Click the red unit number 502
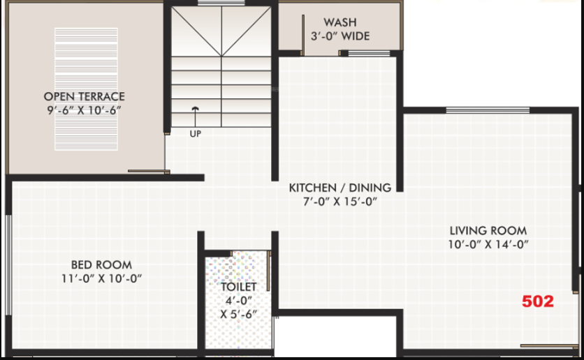click(538, 301)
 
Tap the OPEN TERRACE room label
click(85, 96)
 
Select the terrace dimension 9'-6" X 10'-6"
click(85, 110)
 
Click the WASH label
click(340, 22)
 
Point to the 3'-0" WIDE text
click(340, 36)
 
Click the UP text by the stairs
click(195, 133)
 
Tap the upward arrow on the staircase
click(195, 113)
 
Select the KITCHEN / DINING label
click(340, 188)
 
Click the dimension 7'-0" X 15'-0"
click(340, 202)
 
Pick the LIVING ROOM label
click(488, 230)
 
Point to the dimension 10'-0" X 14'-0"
click(488, 244)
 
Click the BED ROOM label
click(101, 264)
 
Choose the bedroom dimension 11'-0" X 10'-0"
click(101, 278)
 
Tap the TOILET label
click(239, 287)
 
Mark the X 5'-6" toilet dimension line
click(239, 314)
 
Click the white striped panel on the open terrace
click(86, 89)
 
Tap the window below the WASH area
click(369, 53)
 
